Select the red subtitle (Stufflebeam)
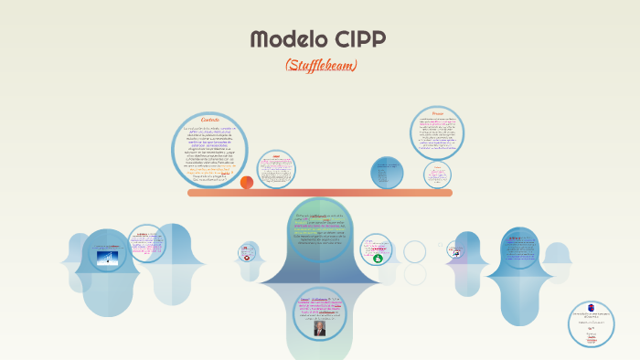click(320, 65)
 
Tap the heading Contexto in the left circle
click(210, 120)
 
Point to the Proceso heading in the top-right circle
click(437, 113)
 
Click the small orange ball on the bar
click(247, 183)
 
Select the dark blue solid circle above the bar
click(387, 173)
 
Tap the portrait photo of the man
click(320, 328)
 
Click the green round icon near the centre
click(378, 259)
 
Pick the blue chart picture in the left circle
click(107, 258)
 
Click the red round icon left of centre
click(246, 258)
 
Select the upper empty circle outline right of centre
click(415, 250)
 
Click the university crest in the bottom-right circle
click(591, 308)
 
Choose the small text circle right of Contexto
click(275, 170)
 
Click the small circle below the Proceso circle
click(437, 173)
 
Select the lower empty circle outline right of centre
click(415, 274)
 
